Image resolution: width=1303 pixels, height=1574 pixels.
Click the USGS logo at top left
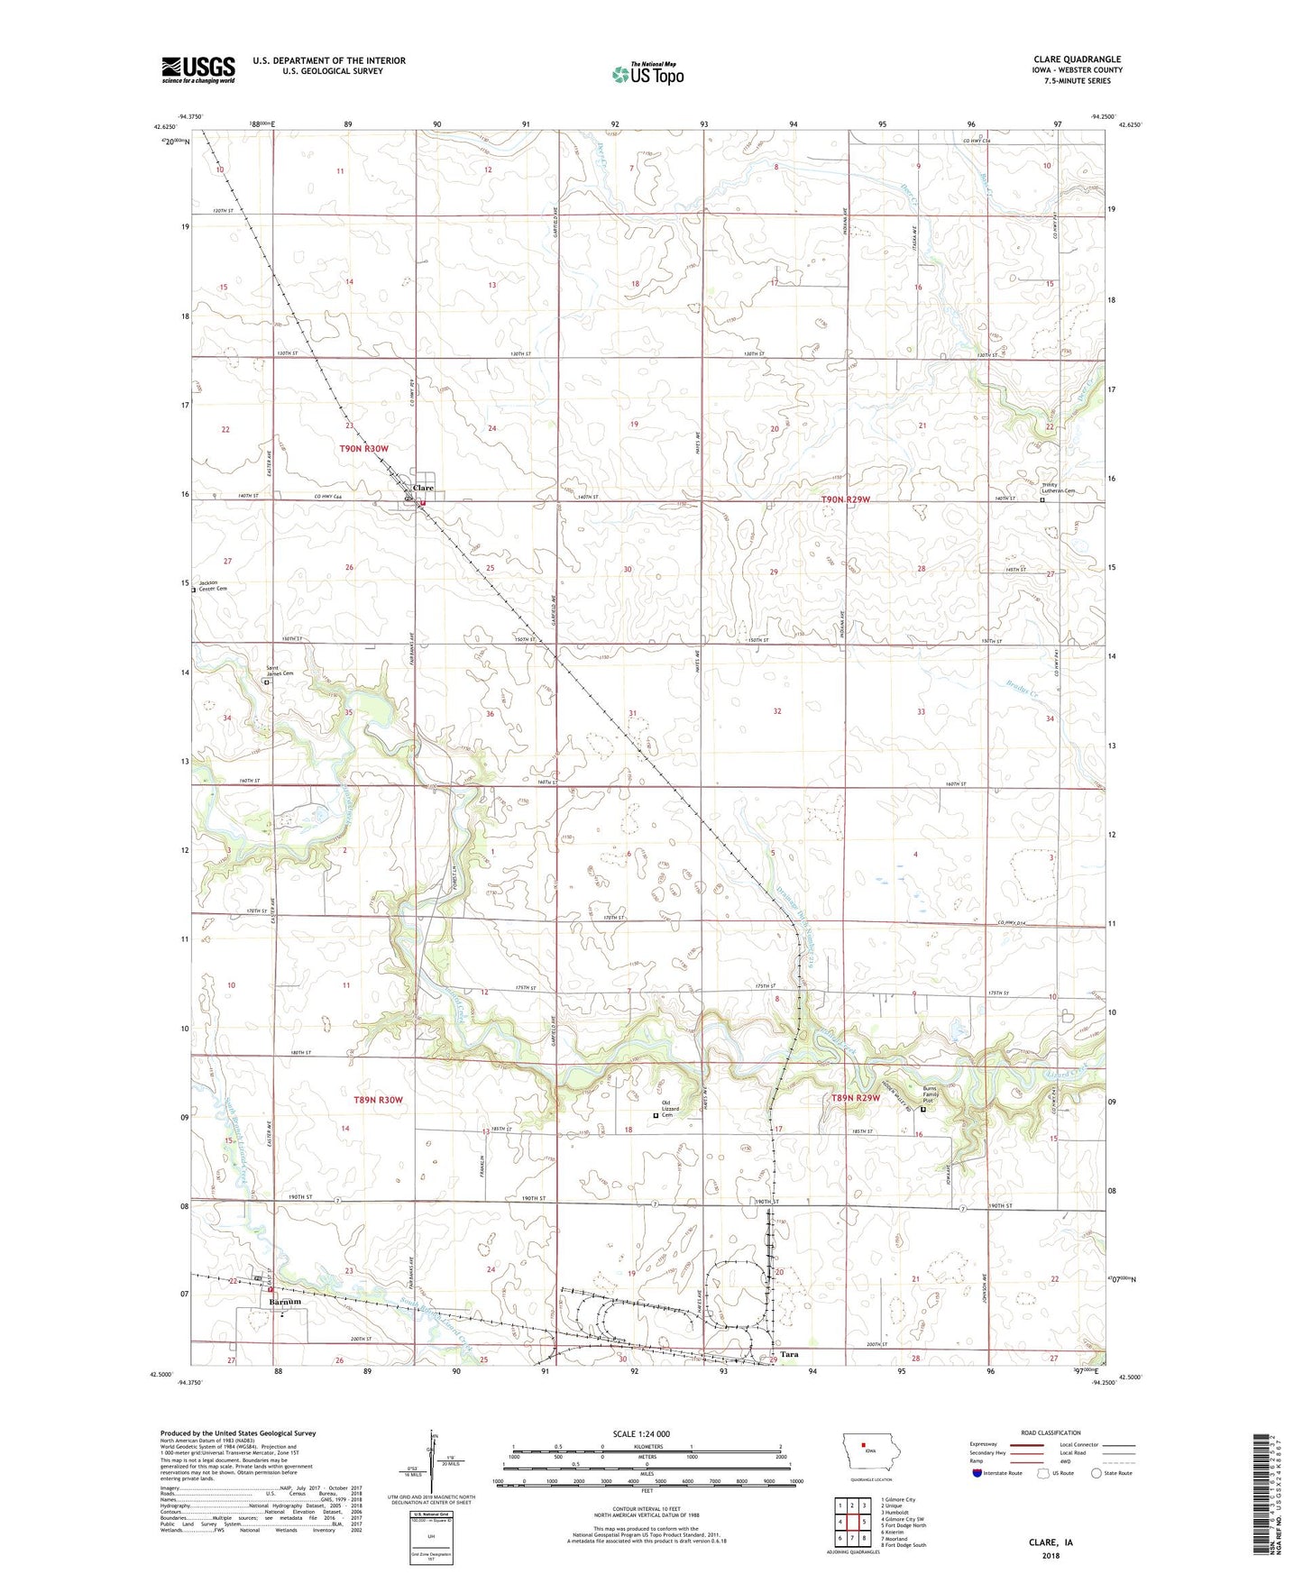click(198, 69)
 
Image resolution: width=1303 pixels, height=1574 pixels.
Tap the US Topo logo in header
click(647, 74)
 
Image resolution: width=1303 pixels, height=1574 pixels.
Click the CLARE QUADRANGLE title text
click(1077, 59)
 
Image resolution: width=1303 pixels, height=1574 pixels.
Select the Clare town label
click(423, 488)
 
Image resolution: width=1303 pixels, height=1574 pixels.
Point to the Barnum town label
click(284, 1303)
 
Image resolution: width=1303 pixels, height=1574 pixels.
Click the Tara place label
click(789, 1354)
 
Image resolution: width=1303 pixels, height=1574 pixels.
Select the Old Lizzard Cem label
click(668, 1109)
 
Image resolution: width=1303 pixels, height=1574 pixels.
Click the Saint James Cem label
click(279, 671)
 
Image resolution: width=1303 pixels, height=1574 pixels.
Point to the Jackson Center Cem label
click(213, 585)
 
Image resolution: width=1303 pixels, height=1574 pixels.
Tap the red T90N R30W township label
click(363, 448)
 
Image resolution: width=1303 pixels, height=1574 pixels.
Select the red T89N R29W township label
click(855, 1098)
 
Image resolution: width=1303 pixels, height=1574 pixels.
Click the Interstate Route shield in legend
click(977, 1473)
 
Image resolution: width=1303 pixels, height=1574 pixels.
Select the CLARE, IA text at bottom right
click(1051, 1542)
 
